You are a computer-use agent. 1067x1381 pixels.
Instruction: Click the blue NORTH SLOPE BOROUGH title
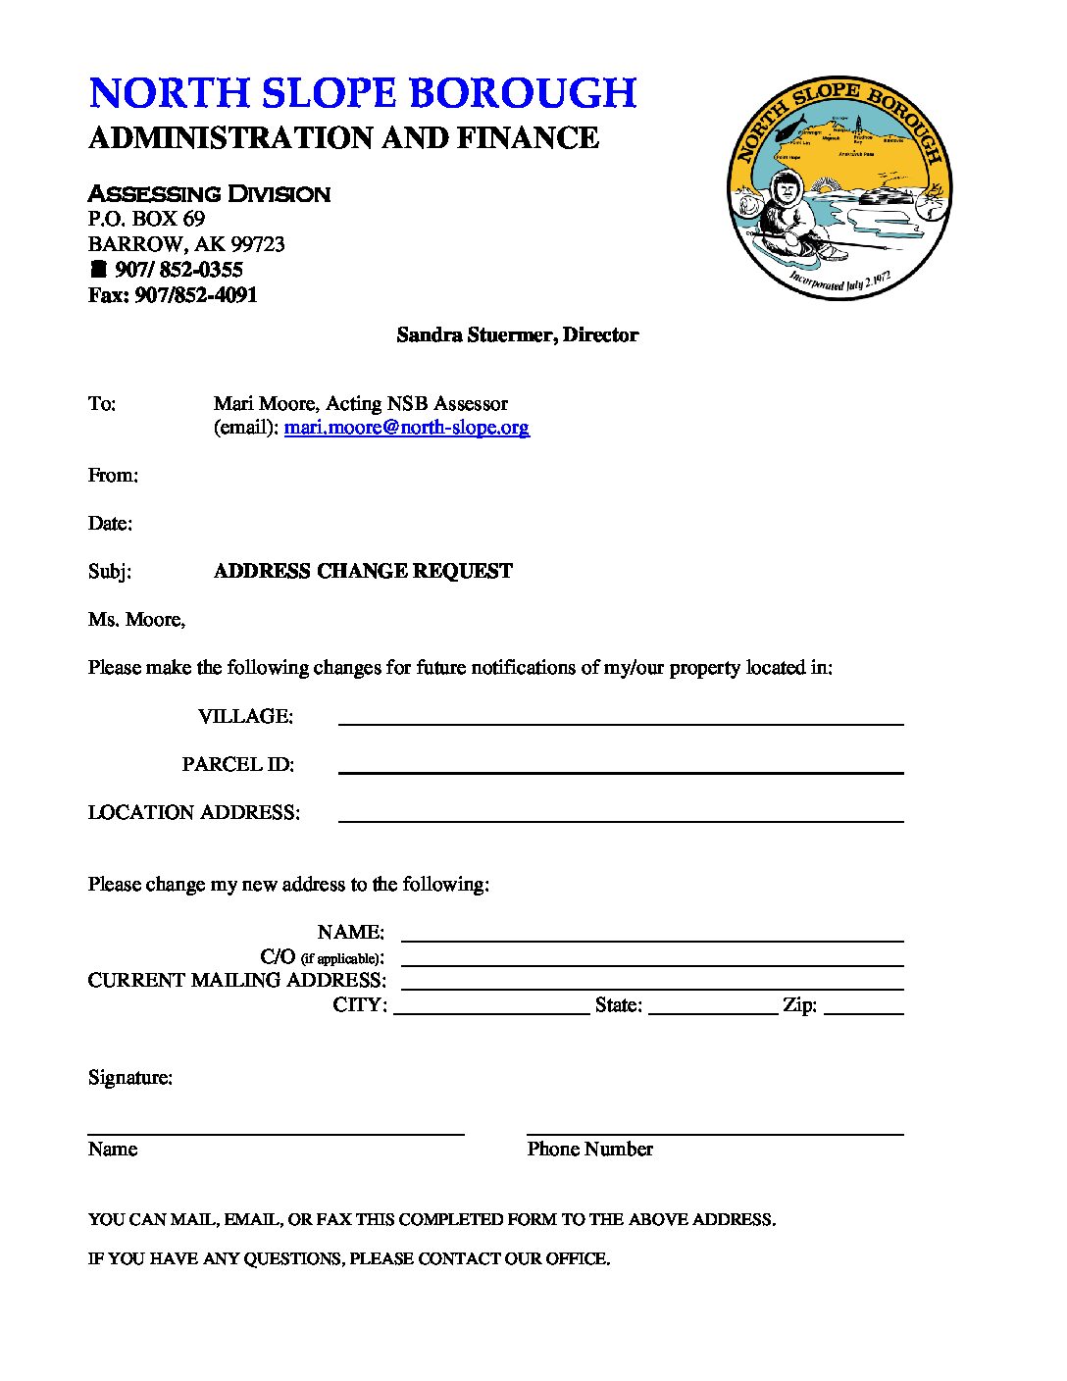pos(363,93)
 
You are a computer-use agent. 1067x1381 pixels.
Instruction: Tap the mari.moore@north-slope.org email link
pos(406,428)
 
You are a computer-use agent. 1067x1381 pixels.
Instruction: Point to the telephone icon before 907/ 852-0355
pos(98,269)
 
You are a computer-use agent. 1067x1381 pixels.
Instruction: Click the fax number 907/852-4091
pos(196,295)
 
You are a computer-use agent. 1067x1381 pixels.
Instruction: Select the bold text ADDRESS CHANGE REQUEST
pos(363,571)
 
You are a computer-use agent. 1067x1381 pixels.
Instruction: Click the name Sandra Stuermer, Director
pos(517,334)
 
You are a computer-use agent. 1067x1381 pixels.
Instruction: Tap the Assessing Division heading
pos(209,193)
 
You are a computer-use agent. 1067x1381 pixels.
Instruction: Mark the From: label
pos(113,476)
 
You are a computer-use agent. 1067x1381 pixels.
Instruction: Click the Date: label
pos(110,524)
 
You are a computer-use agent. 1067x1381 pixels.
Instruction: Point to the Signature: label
pos(130,1077)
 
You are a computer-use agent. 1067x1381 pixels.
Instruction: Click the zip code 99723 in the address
pos(257,244)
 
